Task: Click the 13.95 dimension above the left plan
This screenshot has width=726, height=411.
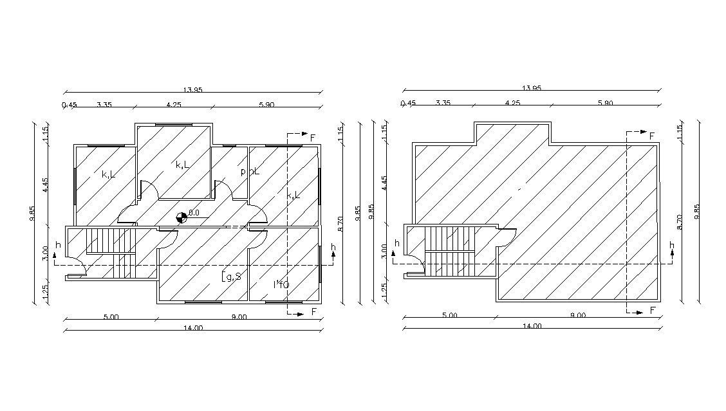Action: point(192,90)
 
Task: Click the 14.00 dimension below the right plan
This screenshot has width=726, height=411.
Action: point(532,326)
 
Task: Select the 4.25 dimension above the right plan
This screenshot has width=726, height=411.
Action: point(512,103)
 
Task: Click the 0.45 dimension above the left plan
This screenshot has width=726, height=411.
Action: point(69,104)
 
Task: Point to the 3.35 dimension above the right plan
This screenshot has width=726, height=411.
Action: point(442,103)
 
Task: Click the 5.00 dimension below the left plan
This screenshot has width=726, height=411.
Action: point(111,316)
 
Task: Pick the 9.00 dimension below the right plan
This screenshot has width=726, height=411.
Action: point(577,315)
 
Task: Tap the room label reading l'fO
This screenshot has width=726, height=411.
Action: point(281,284)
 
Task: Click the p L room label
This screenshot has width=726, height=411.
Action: point(250,172)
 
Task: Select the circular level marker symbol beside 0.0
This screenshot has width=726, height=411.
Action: point(181,217)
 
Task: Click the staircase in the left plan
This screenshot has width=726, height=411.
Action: point(111,252)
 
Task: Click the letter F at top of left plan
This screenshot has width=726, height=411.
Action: point(313,137)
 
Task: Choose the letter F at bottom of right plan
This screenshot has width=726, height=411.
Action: point(652,311)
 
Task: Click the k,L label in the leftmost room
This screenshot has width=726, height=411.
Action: point(108,174)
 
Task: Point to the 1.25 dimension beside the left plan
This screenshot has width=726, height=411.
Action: point(46,293)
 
